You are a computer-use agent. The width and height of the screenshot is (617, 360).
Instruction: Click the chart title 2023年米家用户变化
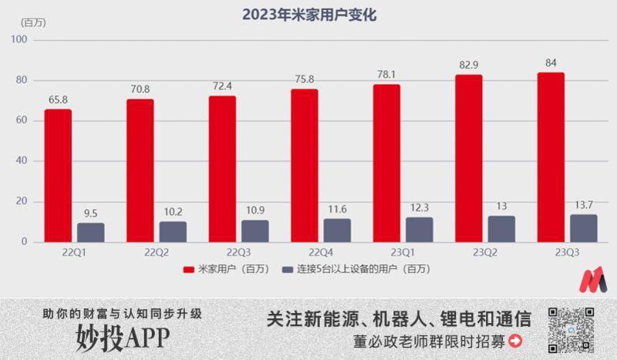tap(309, 15)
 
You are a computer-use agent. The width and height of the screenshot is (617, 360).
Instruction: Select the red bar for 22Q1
tap(58, 176)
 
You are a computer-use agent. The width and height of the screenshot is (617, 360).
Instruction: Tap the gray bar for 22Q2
tap(173, 231)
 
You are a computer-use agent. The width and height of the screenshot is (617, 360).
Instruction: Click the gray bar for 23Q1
tap(419, 229)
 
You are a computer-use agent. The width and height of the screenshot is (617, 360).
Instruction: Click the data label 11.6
tap(337, 209)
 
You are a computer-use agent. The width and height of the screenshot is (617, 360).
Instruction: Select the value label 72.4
tap(221, 86)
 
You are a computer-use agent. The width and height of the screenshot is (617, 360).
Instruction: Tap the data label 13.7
tap(583, 204)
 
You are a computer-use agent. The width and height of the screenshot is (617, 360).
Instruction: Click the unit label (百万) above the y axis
tap(32, 22)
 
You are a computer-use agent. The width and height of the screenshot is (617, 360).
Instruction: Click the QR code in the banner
tap(571, 328)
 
